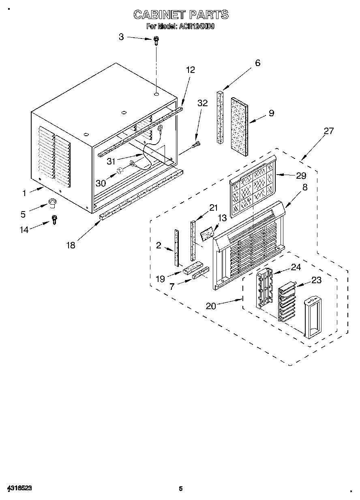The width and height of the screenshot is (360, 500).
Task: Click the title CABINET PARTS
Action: click(181, 15)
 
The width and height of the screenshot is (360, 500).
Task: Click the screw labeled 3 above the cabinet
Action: click(156, 40)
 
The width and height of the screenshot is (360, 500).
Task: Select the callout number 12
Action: click(190, 70)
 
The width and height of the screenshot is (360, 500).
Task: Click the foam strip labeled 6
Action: click(220, 117)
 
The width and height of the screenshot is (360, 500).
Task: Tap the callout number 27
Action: click(328, 130)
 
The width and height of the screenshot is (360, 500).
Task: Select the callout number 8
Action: click(304, 187)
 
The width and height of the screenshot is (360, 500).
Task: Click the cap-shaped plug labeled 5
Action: click(51, 202)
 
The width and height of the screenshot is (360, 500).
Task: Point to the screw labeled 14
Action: click(54, 219)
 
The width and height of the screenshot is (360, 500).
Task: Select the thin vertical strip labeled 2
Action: click(177, 248)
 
